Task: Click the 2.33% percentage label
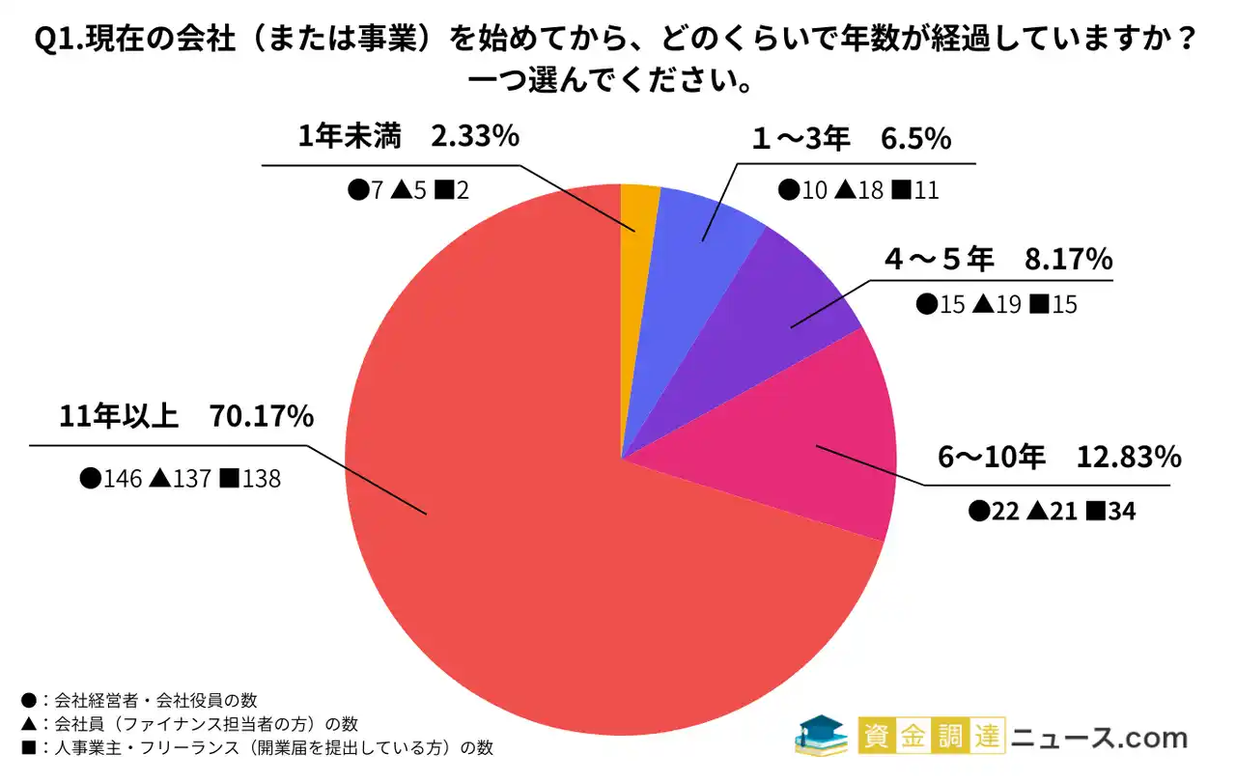[475, 137]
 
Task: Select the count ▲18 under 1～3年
[857, 190]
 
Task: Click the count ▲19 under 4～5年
[996, 305]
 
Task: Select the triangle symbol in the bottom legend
[26, 723]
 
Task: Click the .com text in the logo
[1155, 739]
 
